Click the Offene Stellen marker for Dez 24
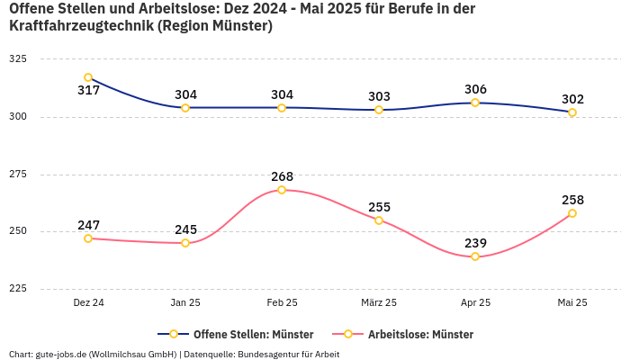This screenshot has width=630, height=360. pyautogui.click(x=88, y=77)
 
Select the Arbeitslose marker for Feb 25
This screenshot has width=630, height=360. pyautogui.click(x=282, y=190)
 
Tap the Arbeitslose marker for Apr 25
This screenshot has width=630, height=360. pyautogui.click(x=475, y=256)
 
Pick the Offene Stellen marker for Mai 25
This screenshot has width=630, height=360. pyautogui.click(x=572, y=112)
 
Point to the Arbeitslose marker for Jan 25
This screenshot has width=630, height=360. pyautogui.click(x=185, y=243)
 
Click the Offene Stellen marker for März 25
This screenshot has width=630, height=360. pyautogui.click(x=379, y=110)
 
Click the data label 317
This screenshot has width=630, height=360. pyautogui.click(x=88, y=91)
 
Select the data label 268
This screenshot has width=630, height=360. pyautogui.click(x=282, y=176)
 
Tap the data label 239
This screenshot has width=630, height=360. pyautogui.click(x=475, y=243)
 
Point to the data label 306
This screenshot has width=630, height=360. pyautogui.click(x=475, y=89)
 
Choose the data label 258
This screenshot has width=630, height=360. pyautogui.click(x=572, y=200)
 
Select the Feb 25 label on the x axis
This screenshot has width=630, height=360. pyautogui.click(x=282, y=303)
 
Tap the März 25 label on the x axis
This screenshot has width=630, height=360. pyautogui.click(x=379, y=303)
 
